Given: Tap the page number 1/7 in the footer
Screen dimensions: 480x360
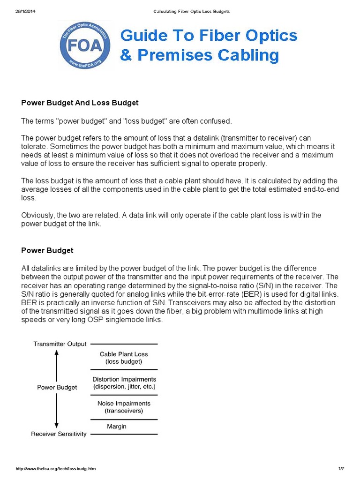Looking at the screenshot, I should pyautogui.click(x=341, y=469).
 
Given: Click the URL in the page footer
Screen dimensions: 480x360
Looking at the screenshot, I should pyautogui.click(x=59, y=469).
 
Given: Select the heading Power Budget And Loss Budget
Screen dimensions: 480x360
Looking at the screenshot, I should pyautogui.click(x=80, y=103).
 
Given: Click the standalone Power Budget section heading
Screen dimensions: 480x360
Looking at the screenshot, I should pyautogui.click(x=47, y=250).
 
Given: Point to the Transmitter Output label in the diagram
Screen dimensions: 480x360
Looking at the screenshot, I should pyautogui.click(x=60, y=344).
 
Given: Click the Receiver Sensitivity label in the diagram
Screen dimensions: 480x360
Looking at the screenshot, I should pyautogui.click(x=59, y=434).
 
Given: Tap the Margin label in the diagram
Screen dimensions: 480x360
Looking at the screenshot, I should pyautogui.click(x=117, y=427).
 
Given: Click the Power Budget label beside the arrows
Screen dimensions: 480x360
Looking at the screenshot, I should pyautogui.click(x=57, y=388).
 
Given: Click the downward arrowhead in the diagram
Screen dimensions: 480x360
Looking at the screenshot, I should pyautogui.click(x=57, y=424).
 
